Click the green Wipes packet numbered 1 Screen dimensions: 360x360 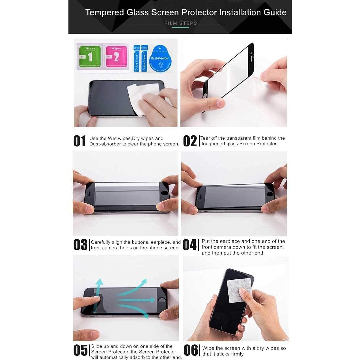click(x=89, y=57)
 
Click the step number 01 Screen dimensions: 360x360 click(x=79, y=141)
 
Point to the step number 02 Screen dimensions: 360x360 click(x=190, y=141)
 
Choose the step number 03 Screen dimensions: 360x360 click(x=80, y=245)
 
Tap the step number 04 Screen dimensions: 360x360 click(x=189, y=245)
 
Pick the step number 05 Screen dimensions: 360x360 click(x=80, y=350)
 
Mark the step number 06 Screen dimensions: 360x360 click(x=191, y=350)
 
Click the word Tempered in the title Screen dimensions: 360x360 click(x=105, y=12)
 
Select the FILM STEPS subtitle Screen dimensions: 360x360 click(x=180, y=23)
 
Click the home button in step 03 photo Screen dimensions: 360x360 click(x=165, y=193)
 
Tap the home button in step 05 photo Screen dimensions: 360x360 click(x=162, y=299)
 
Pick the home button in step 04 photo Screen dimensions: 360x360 click(x=270, y=194)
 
